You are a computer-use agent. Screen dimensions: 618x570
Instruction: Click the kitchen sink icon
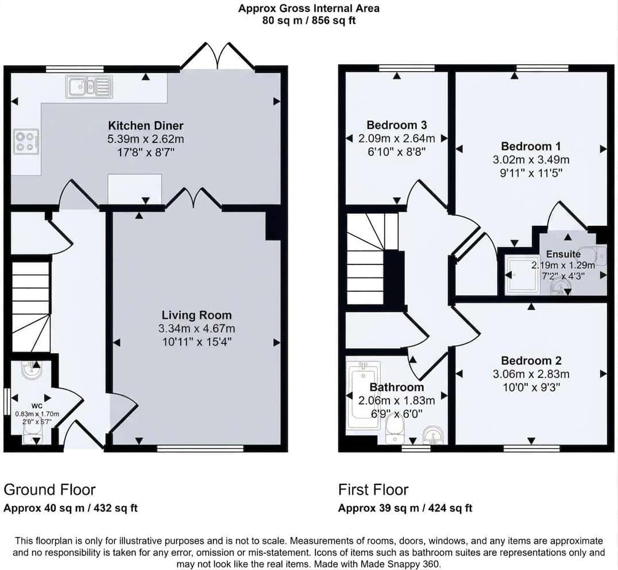(x=90, y=87)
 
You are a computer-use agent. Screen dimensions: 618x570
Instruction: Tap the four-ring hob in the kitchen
(x=26, y=142)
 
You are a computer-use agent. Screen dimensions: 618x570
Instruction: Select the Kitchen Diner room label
(x=146, y=126)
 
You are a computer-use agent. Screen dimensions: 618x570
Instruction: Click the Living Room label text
(x=196, y=315)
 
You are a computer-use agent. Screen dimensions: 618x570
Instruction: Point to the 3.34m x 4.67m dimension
(x=196, y=328)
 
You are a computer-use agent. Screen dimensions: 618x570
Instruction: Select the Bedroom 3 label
(x=396, y=125)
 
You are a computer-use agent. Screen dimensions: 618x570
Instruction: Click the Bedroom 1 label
(x=531, y=147)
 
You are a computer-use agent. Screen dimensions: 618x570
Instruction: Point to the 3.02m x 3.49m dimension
(x=531, y=160)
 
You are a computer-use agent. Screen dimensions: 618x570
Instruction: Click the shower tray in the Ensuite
(x=522, y=276)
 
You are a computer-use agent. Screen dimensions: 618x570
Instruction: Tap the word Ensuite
(x=563, y=254)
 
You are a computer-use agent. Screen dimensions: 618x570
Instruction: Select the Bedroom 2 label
(x=531, y=361)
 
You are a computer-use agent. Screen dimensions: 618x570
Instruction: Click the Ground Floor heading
(x=49, y=490)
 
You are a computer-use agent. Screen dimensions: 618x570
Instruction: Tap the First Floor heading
(x=373, y=490)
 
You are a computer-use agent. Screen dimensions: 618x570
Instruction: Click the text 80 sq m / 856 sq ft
(x=309, y=21)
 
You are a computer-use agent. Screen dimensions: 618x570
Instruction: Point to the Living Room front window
(x=200, y=448)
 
